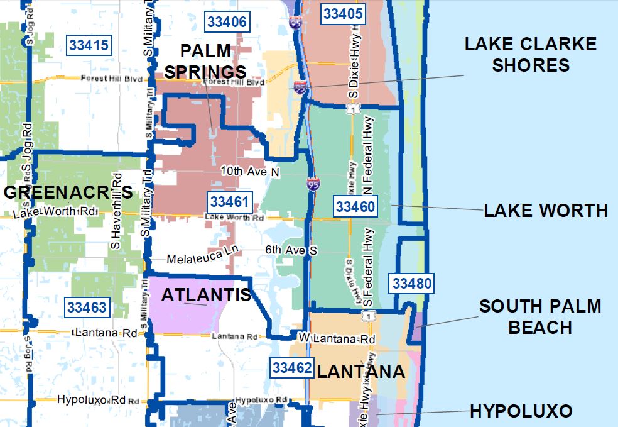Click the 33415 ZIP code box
[x=89, y=45]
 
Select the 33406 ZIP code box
[x=225, y=23]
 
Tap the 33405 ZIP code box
[x=341, y=13]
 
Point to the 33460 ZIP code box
[x=355, y=206]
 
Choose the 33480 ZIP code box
[x=412, y=284]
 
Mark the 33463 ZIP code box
[x=87, y=308]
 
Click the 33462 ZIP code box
[x=291, y=368]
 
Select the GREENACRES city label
[x=68, y=192]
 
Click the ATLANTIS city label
[x=206, y=295]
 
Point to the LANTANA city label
[x=360, y=372]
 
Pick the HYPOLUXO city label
[x=521, y=412]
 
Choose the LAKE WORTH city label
[x=545, y=211]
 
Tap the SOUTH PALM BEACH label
[x=540, y=317]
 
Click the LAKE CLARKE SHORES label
[x=530, y=55]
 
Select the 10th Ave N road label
[x=250, y=171]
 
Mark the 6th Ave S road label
[x=291, y=250]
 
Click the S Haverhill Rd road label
[x=116, y=209]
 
